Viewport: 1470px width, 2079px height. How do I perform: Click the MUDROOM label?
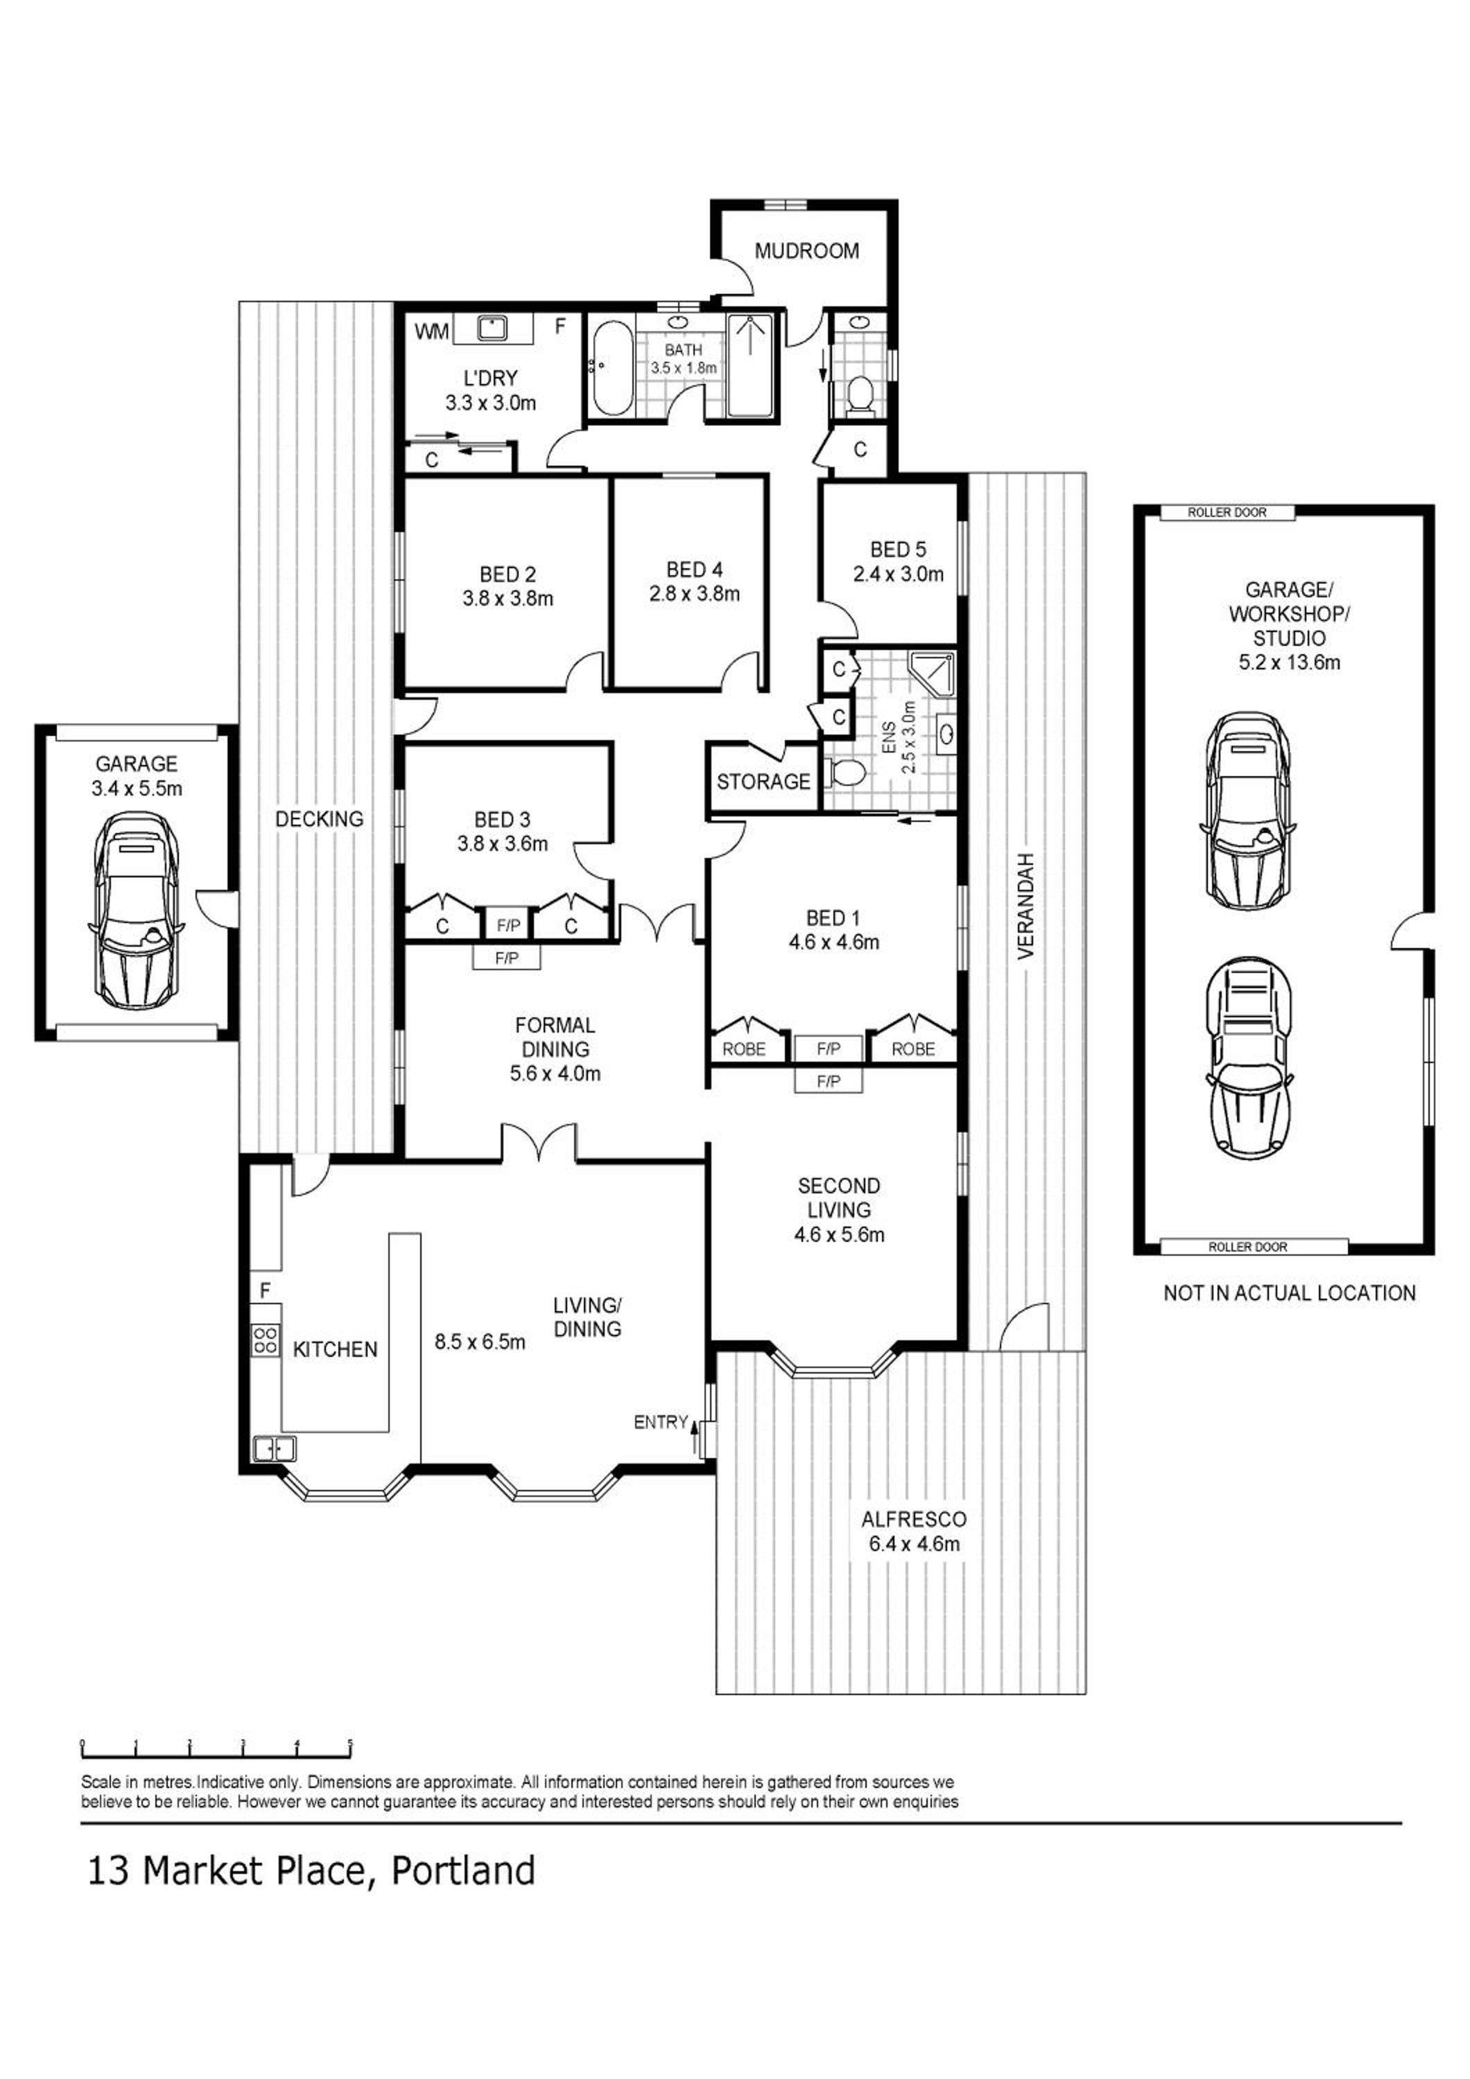pyautogui.click(x=806, y=251)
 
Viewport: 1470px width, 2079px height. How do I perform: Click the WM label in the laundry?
pyautogui.click(x=432, y=331)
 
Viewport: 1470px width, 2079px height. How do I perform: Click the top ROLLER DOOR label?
pyautogui.click(x=1227, y=513)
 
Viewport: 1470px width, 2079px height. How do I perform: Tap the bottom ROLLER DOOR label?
pyautogui.click(x=1247, y=1247)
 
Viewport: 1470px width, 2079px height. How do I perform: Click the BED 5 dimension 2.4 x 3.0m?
pyautogui.click(x=899, y=573)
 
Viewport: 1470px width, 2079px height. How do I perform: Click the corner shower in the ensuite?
pyautogui.click(x=931, y=672)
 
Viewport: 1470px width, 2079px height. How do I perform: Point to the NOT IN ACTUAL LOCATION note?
pyautogui.click(x=1289, y=1293)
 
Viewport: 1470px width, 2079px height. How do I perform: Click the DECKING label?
pyautogui.click(x=319, y=818)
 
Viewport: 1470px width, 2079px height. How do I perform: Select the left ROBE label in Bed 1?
pyautogui.click(x=743, y=1049)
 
